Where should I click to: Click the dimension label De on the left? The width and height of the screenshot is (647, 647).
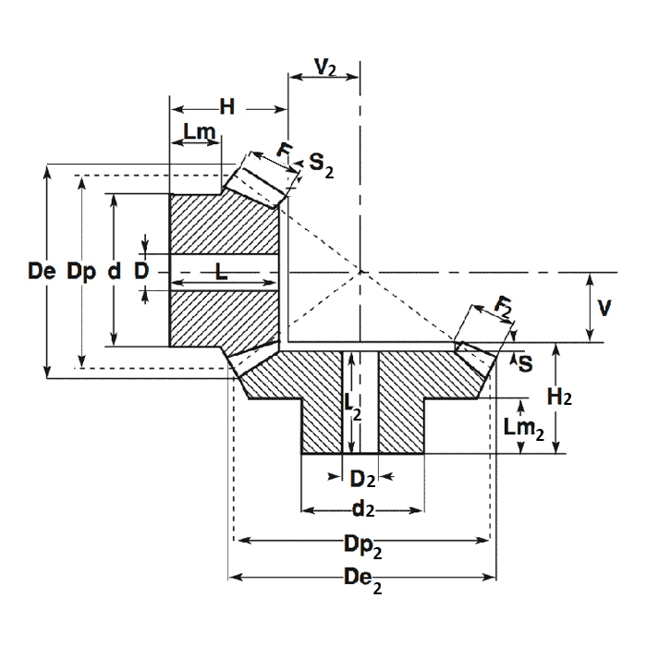click(42, 271)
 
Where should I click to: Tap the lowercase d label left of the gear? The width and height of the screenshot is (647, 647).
click(113, 271)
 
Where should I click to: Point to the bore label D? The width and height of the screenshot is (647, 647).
click(141, 271)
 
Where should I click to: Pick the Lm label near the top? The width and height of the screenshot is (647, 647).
click(199, 132)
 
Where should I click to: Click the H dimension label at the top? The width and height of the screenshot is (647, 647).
click(226, 107)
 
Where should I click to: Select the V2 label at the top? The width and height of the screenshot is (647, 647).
click(324, 67)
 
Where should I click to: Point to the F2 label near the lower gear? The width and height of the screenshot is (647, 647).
click(504, 307)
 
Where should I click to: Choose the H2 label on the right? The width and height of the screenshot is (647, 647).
click(558, 397)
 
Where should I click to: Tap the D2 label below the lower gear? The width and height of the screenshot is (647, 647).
click(361, 479)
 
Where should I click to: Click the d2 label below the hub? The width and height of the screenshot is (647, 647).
click(363, 508)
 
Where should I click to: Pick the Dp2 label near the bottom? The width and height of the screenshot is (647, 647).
click(363, 546)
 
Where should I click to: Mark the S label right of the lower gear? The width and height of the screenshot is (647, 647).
click(525, 363)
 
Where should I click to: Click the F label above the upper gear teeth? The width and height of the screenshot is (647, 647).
click(286, 151)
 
